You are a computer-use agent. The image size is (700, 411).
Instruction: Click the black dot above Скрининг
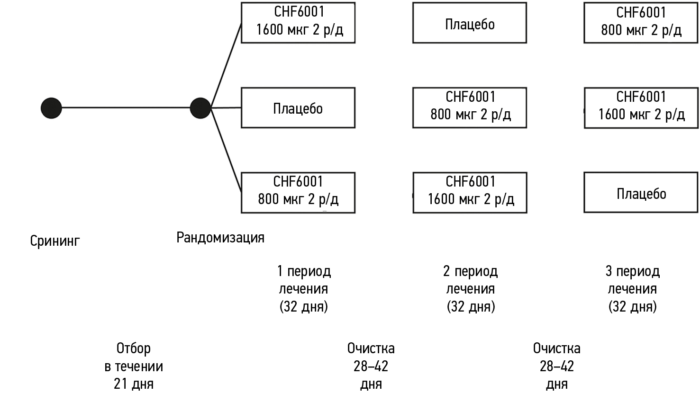[x=51, y=108]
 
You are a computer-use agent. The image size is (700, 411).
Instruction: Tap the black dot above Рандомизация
[x=200, y=108]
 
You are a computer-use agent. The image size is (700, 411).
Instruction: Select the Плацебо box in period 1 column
[x=298, y=108]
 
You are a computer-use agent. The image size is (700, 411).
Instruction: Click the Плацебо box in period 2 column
[x=470, y=23]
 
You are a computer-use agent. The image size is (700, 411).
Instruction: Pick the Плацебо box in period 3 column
[x=641, y=193]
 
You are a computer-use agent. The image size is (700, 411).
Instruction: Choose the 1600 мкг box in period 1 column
[x=298, y=23]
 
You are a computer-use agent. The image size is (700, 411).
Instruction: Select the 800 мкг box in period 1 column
[x=298, y=192]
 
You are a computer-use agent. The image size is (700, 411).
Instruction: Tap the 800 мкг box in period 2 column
[x=470, y=107]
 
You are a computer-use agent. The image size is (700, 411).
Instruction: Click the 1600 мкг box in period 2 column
[x=470, y=192]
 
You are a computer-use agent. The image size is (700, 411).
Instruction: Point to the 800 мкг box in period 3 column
[x=641, y=23]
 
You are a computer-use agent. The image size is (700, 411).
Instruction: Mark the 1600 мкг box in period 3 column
[x=641, y=107]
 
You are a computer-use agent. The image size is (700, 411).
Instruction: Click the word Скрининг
[x=55, y=241]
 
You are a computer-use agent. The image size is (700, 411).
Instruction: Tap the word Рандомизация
[x=220, y=237]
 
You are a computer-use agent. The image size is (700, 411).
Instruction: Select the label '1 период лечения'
[x=304, y=288]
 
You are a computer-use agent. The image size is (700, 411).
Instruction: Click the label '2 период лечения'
[x=471, y=288]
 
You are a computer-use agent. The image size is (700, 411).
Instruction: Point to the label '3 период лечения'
[x=633, y=288]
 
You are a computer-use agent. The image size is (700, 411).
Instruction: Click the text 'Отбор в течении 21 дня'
[x=134, y=366]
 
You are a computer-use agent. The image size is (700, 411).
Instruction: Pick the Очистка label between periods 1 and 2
[x=371, y=366]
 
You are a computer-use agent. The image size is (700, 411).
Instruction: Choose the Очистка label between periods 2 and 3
[x=556, y=366]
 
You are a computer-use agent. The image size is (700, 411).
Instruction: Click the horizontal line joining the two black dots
[x=126, y=108]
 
